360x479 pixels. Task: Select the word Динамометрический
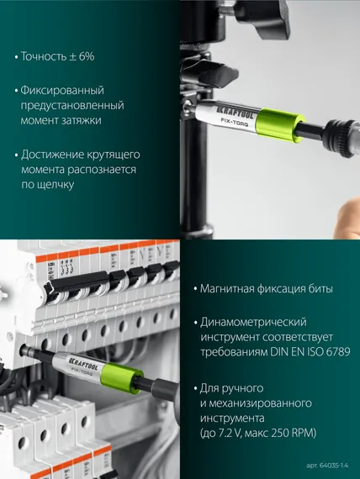(253, 322)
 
